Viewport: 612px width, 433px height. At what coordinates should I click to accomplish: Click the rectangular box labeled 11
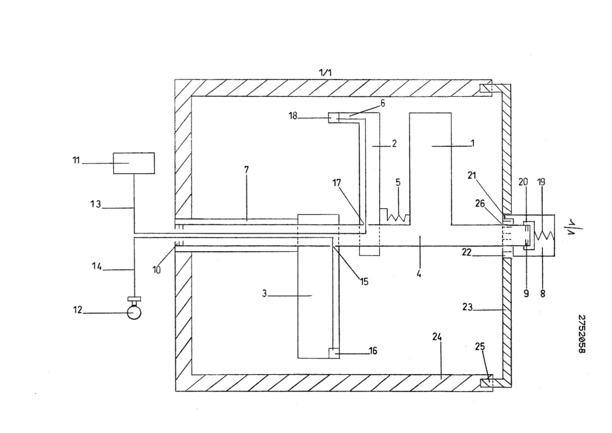point(134,163)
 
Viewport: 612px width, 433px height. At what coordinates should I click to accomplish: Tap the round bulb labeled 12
point(134,313)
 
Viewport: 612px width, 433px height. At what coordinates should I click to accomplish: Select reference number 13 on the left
point(95,204)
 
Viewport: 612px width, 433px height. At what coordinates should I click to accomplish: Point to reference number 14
point(97,266)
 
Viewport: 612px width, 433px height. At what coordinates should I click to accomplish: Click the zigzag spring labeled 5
point(398,218)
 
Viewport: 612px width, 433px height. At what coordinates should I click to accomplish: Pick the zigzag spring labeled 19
point(545,235)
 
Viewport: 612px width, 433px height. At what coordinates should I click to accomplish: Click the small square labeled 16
point(334,353)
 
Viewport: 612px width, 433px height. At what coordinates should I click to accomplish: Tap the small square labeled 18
point(334,118)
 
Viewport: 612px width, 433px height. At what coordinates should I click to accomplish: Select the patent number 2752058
point(581,334)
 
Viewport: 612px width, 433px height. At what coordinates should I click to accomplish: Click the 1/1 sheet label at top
point(326,72)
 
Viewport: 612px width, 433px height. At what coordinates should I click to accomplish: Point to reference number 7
point(246,170)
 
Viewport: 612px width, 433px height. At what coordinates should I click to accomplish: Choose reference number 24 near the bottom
point(437,337)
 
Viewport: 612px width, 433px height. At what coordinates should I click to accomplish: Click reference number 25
point(480,346)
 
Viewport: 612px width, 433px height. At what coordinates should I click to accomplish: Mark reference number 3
point(264,293)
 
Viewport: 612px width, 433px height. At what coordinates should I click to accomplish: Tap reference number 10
point(157,270)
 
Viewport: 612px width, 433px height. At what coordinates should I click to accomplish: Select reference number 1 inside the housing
point(472,143)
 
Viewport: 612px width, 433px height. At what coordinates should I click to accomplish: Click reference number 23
point(467,307)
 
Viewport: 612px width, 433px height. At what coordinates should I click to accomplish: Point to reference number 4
point(419,273)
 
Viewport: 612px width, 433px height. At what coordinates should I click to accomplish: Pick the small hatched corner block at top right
point(486,89)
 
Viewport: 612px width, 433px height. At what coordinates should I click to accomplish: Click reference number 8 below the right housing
point(542,293)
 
